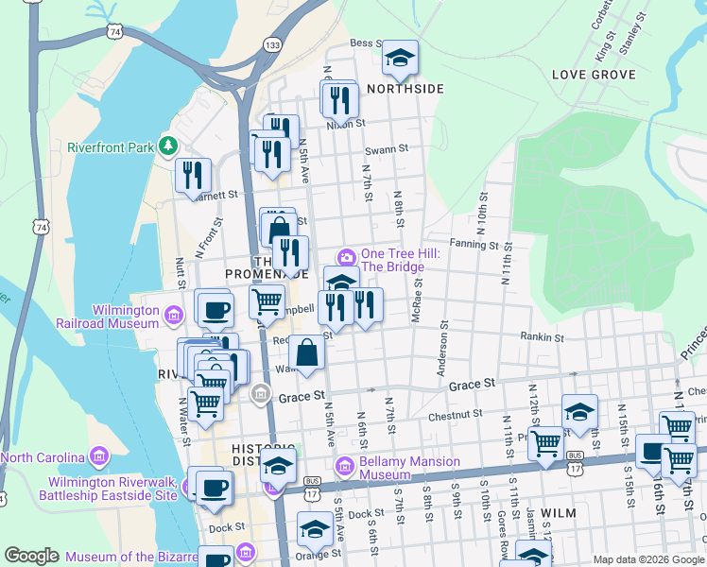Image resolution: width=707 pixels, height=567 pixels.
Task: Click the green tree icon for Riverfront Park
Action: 168,146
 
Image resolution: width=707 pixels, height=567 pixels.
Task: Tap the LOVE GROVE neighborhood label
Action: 594,74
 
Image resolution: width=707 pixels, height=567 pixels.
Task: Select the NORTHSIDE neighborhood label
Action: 405,89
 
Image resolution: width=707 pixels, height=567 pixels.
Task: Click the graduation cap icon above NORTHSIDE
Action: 400,59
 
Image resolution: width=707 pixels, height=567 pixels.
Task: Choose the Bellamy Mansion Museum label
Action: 409,468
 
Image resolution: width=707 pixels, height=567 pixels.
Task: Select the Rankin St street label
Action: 542,336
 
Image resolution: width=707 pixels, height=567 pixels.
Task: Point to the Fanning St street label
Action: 474,245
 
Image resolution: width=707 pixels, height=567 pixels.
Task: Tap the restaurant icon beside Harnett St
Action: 192,175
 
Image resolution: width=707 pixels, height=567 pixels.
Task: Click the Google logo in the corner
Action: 32,556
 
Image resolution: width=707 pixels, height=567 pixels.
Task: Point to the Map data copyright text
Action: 648,559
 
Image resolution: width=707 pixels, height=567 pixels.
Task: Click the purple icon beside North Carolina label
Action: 97,458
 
